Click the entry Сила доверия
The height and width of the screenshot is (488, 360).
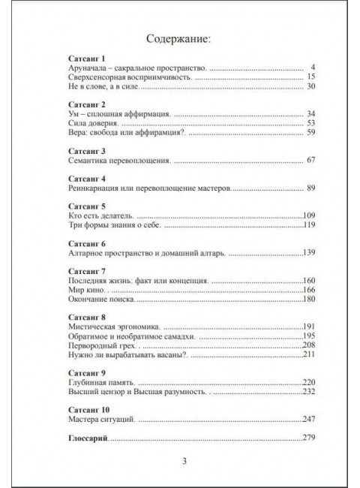point(93,122)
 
